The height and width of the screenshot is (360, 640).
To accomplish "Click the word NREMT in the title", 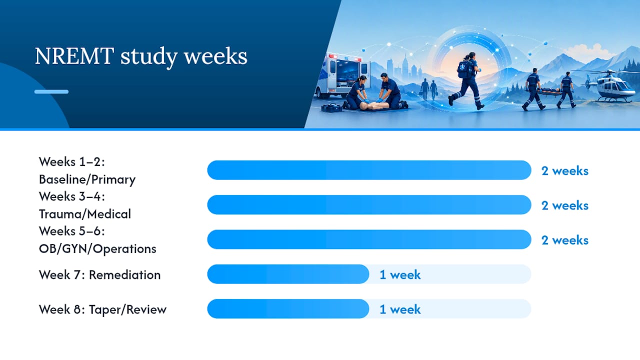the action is click(x=74, y=56).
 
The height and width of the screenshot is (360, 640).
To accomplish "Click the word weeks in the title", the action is click(x=215, y=56).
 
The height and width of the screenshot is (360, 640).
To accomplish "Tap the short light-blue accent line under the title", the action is click(x=51, y=91).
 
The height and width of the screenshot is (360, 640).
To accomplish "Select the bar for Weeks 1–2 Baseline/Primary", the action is click(x=369, y=170).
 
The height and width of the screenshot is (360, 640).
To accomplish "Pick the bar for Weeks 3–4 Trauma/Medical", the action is click(x=369, y=205).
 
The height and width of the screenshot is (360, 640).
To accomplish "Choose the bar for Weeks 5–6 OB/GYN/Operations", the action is click(x=369, y=239).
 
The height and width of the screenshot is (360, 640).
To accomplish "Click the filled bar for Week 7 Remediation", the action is click(x=288, y=274).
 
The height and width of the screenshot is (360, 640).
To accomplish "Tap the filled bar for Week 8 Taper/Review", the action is click(x=288, y=309).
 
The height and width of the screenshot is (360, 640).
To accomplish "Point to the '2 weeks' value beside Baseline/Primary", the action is click(x=565, y=171).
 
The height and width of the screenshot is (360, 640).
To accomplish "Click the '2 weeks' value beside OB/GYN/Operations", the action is click(x=565, y=240).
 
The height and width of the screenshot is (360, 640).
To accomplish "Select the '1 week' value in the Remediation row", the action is click(x=400, y=275).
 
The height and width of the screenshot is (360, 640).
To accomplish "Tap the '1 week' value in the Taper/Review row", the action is click(x=400, y=309).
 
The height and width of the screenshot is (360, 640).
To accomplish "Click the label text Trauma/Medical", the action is click(x=85, y=214).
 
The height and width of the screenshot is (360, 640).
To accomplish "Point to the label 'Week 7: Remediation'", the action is click(x=99, y=275).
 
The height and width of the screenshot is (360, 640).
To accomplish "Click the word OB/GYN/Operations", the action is click(x=97, y=249).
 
